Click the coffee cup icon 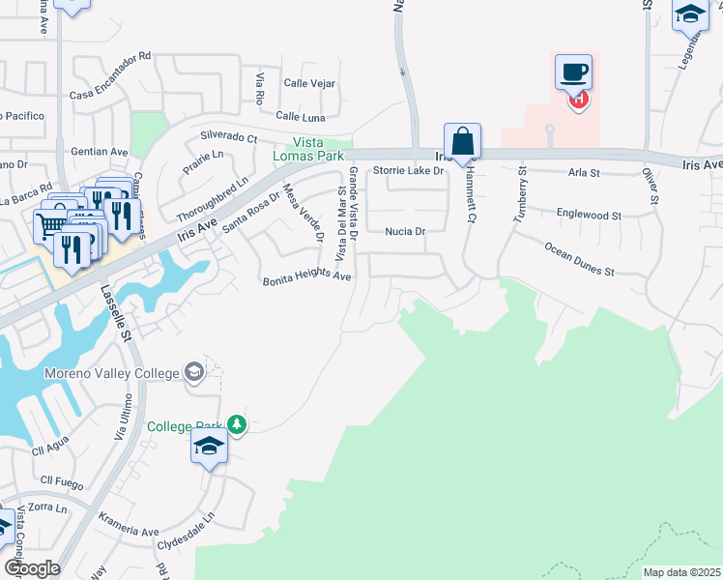pyautogui.click(x=573, y=71)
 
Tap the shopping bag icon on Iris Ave pyautogui.click(x=463, y=141)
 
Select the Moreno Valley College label pyautogui.click(x=111, y=373)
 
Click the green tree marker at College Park pyautogui.click(x=236, y=424)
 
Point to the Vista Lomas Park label pyautogui.click(x=308, y=149)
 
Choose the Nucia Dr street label pyautogui.click(x=405, y=232)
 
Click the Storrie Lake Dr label pyautogui.click(x=408, y=171)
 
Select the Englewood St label pyautogui.click(x=589, y=214)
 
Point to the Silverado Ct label pyautogui.click(x=229, y=137)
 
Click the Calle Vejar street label pyautogui.click(x=309, y=83)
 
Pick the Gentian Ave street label pyautogui.click(x=100, y=152)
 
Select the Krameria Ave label pyautogui.click(x=129, y=532)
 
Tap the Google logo pyautogui.click(x=31, y=568)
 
